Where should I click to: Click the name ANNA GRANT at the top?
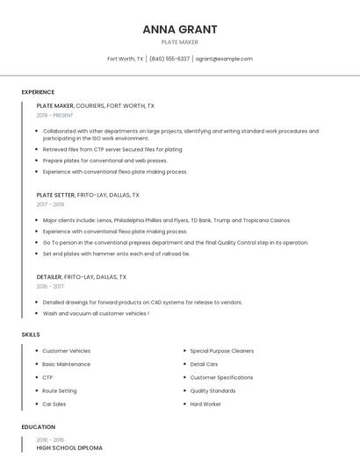pos(180,29)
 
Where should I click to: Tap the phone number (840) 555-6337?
pos(169,59)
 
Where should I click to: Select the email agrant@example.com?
pos(224,59)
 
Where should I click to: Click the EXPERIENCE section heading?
pos(38,92)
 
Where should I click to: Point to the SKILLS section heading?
pos(31,334)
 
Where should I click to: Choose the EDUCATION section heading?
pos(38,427)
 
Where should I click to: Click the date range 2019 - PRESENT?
pos(54,115)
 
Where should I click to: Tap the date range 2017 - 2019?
pos(50,204)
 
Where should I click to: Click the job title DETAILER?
pos(49,276)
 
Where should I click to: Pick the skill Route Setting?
pos(60,390)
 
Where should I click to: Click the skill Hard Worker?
pos(205,404)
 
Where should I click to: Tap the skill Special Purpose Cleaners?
pos(221,351)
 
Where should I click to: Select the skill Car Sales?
pos(54,404)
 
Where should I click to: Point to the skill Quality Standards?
pos(212,390)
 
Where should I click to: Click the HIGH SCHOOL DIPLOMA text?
pos(69,447)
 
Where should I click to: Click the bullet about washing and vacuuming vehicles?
pos(96,313)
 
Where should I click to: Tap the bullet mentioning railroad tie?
pos(116,254)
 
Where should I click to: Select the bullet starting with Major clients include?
pos(167,220)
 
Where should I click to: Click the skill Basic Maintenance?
pos(66,364)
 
